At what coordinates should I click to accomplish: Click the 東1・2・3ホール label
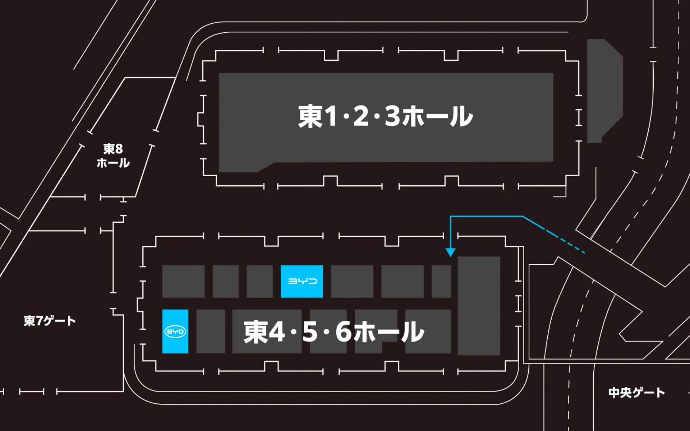[385, 116]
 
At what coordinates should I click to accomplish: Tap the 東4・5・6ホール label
[334, 332]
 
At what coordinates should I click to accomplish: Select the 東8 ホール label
[113, 156]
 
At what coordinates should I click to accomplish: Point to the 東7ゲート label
[50, 321]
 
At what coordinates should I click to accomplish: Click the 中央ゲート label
[636, 393]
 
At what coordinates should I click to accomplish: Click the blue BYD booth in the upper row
[302, 281]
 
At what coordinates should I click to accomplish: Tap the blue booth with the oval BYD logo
[175, 331]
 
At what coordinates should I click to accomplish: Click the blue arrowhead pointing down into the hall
[450, 252]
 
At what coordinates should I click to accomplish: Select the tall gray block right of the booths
[479, 306]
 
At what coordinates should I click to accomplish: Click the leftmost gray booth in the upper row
[183, 281]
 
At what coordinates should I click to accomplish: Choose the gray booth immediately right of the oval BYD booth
[211, 331]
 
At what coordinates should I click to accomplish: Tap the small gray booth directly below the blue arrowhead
[441, 281]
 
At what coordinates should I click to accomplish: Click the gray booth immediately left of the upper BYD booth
[259, 281]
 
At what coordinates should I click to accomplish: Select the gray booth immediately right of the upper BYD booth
[352, 281]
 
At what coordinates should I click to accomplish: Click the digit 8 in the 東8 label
[118, 149]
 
